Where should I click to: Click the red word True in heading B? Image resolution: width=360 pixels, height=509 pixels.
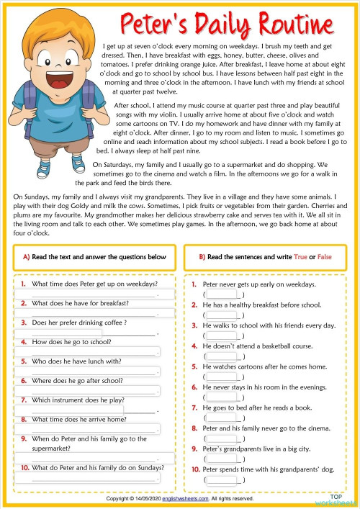coord(301,257)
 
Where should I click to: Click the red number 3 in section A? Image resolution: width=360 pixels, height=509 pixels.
coord(24,323)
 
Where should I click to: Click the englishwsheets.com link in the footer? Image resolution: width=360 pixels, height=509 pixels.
coord(185,498)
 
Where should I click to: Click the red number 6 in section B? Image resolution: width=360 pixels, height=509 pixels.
coord(194,387)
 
